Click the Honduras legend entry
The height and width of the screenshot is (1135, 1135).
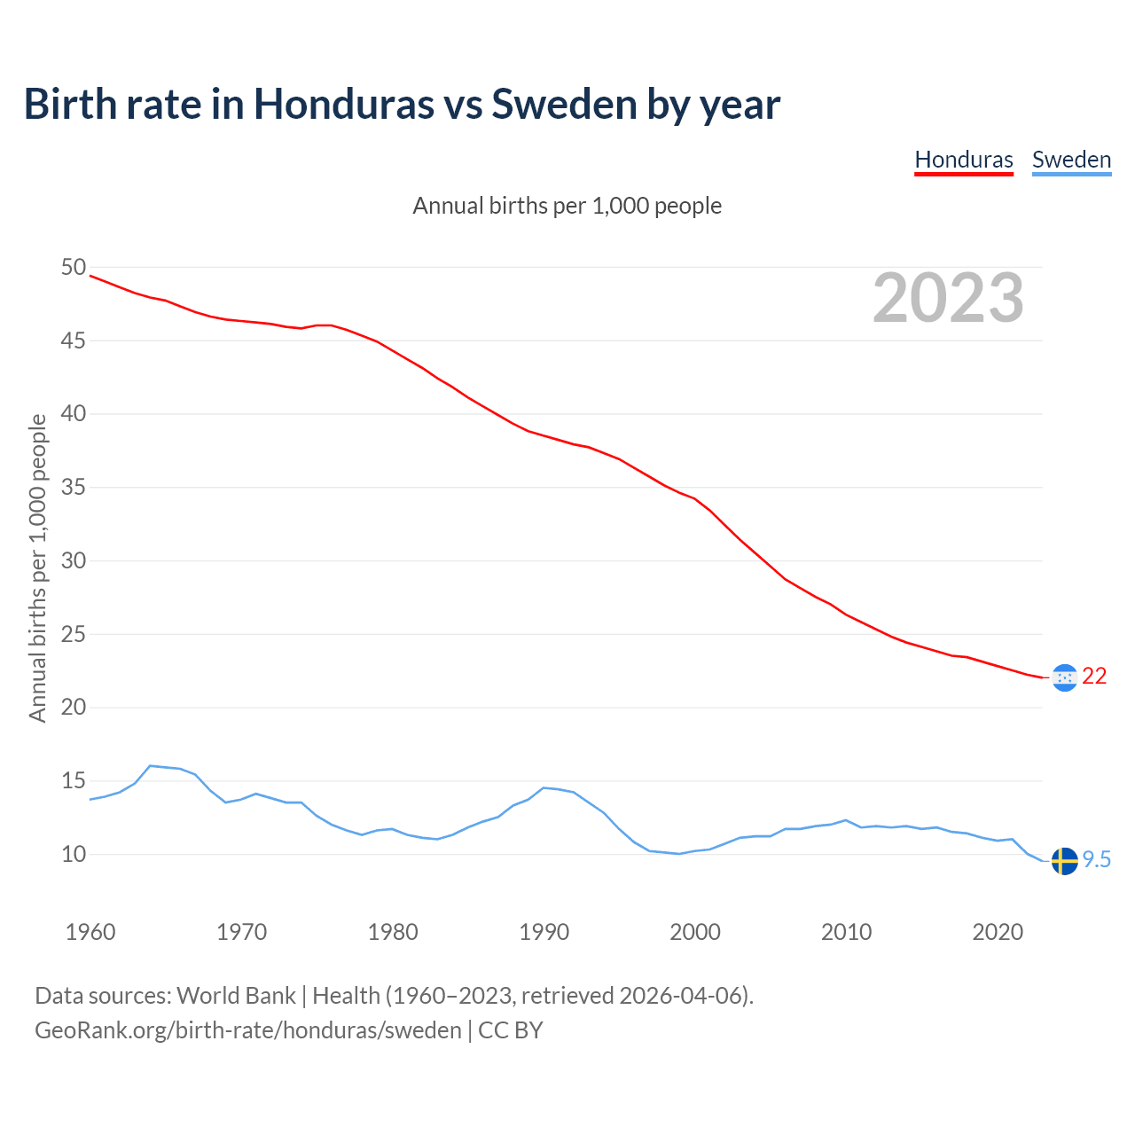pyautogui.click(x=964, y=160)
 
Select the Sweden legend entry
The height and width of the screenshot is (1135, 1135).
pyautogui.click(x=1071, y=160)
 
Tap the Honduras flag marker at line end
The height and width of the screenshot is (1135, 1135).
pyautogui.click(x=1064, y=678)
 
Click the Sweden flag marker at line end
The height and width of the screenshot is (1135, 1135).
pyautogui.click(x=1064, y=861)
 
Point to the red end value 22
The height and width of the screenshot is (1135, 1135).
pyautogui.click(x=1094, y=677)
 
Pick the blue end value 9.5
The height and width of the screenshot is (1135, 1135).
pyautogui.click(x=1097, y=860)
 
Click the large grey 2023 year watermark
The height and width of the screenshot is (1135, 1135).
pyautogui.click(x=948, y=298)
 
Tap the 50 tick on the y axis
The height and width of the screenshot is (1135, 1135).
pyautogui.click(x=74, y=268)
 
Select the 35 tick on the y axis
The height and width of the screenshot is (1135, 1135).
pyautogui.click(x=74, y=488)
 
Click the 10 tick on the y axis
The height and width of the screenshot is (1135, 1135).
pyautogui.click(x=74, y=855)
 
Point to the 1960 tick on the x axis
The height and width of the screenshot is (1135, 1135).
pyautogui.click(x=90, y=932)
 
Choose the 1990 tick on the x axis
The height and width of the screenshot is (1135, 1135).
pyautogui.click(x=544, y=932)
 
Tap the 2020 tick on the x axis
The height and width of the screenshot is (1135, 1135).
pyautogui.click(x=998, y=932)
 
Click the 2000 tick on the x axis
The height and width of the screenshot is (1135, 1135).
pyautogui.click(x=695, y=932)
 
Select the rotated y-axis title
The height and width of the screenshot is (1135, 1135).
pyautogui.click(x=37, y=567)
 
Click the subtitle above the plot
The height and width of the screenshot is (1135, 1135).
pyautogui.click(x=567, y=206)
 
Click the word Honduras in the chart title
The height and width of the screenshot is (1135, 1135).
pyautogui.click(x=344, y=104)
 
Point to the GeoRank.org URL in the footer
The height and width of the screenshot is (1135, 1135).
pyautogui.click(x=247, y=1030)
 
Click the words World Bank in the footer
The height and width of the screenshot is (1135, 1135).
pyautogui.click(x=236, y=996)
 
